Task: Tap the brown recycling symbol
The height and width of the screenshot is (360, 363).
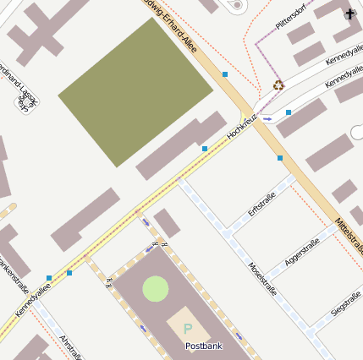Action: pos(278,85)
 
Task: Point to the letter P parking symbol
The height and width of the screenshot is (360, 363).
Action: pos(188,328)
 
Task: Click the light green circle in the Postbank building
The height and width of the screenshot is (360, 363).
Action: pos(156,288)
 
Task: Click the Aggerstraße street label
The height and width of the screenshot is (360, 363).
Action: pos(302,253)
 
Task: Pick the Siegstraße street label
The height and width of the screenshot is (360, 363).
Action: pos(346,303)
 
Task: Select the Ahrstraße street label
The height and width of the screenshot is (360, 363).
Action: pos(70,346)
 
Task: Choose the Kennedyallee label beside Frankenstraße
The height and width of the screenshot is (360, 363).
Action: pos(32,300)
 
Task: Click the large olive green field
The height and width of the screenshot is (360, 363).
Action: pos(135,91)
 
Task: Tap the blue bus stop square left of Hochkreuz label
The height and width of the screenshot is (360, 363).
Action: pos(205,149)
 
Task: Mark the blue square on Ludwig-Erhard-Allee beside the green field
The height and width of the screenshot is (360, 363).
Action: pos(225,74)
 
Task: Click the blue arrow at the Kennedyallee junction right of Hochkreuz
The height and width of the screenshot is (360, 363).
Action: pos(268,118)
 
